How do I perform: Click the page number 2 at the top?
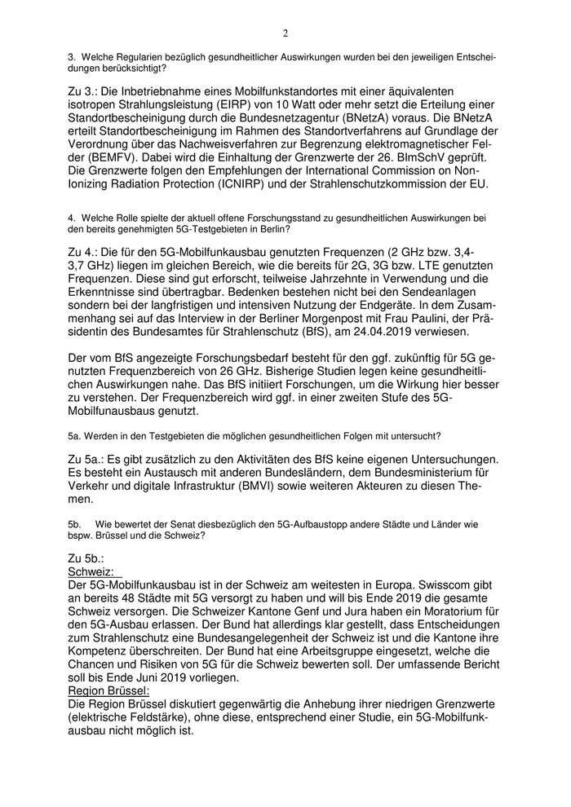click(x=285, y=33)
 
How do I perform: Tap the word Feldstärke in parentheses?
click(x=153, y=717)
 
